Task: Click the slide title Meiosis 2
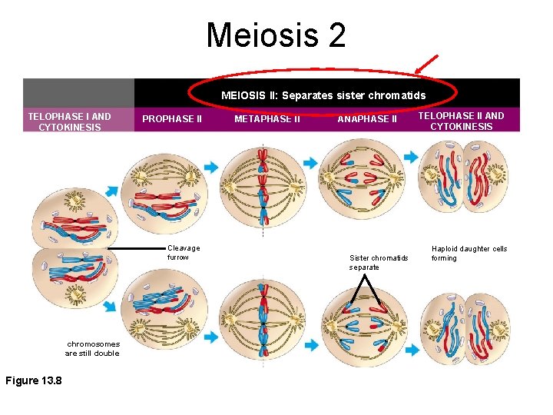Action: pyautogui.click(x=276, y=35)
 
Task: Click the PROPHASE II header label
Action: pyautogui.click(x=172, y=119)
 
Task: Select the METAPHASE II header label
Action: pyautogui.click(x=267, y=119)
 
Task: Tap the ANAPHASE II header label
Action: pyautogui.click(x=367, y=119)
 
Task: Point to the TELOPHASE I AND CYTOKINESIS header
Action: pyautogui.click(x=69, y=121)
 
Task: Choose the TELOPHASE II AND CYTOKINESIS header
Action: pyautogui.click(x=462, y=121)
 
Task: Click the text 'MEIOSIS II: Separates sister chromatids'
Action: pyautogui.click(x=323, y=96)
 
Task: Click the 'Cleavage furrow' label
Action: pyautogui.click(x=184, y=253)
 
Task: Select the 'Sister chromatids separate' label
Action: pyautogui.click(x=379, y=262)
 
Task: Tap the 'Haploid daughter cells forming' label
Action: pyautogui.click(x=469, y=254)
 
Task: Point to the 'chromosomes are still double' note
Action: pyautogui.click(x=93, y=349)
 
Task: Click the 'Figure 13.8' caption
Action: pyautogui.click(x=34, y=380)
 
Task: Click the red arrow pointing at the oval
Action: pyautogui.click(x=426, y=65)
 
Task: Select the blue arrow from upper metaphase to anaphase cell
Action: pyautogui.click(x=310, y=163)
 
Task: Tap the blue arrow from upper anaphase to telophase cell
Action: pyautogui.click(x=411, y=157)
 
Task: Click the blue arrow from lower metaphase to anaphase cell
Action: pyautogui.click(x=312, y=344)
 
